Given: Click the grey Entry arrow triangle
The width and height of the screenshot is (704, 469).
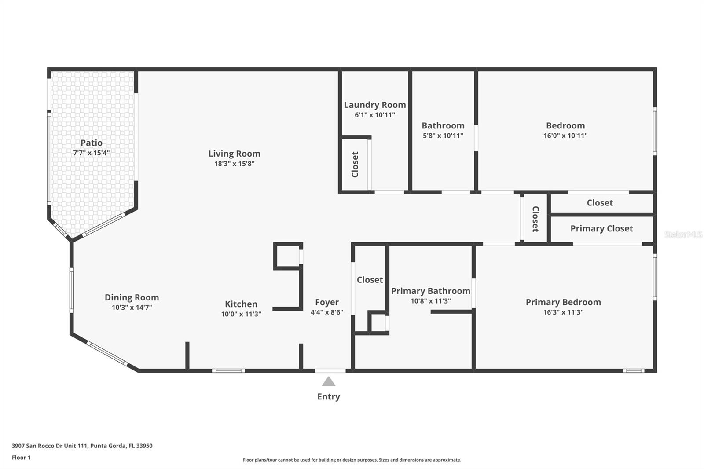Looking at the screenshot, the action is coord(328,381).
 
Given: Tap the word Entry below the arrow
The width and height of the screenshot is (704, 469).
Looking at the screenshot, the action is coord(328,397).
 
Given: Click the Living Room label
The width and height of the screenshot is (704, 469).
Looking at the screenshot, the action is coord(235,154).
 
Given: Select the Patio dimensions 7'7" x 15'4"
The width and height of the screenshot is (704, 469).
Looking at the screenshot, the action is coord(92,153).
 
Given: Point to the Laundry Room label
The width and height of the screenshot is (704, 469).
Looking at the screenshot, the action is coord(374,105).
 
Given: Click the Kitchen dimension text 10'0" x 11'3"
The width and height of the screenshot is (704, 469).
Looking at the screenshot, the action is coord(241,314).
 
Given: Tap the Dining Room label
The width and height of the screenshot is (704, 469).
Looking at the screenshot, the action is coord(132,297).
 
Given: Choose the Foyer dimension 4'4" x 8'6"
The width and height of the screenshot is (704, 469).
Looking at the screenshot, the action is coord(327,312).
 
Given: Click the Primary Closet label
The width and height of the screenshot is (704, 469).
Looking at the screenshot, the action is coord(601,228).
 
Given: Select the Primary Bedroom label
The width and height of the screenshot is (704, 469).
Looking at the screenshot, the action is coord(563,302).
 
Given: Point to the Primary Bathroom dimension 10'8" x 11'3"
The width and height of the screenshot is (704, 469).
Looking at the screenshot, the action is coord(431,301).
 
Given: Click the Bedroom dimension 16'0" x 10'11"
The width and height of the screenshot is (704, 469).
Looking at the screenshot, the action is coord(565,136).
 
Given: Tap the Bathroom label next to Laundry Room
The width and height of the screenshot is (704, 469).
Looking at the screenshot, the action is coord(443,126).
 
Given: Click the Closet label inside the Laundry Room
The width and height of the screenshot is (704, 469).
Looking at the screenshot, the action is coord(355,165).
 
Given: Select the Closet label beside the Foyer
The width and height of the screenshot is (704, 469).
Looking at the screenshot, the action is coord(370,280).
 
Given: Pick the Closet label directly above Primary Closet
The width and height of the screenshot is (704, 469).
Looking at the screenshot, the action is coord(600,203).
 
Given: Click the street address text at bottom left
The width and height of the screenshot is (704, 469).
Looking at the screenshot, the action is coord(82,446).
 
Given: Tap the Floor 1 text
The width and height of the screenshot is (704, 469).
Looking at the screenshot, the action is coord(21,458).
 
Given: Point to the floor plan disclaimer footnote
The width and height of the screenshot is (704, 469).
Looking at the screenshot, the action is coord(352,460).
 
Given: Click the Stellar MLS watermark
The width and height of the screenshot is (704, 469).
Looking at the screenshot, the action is coord(683,234).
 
